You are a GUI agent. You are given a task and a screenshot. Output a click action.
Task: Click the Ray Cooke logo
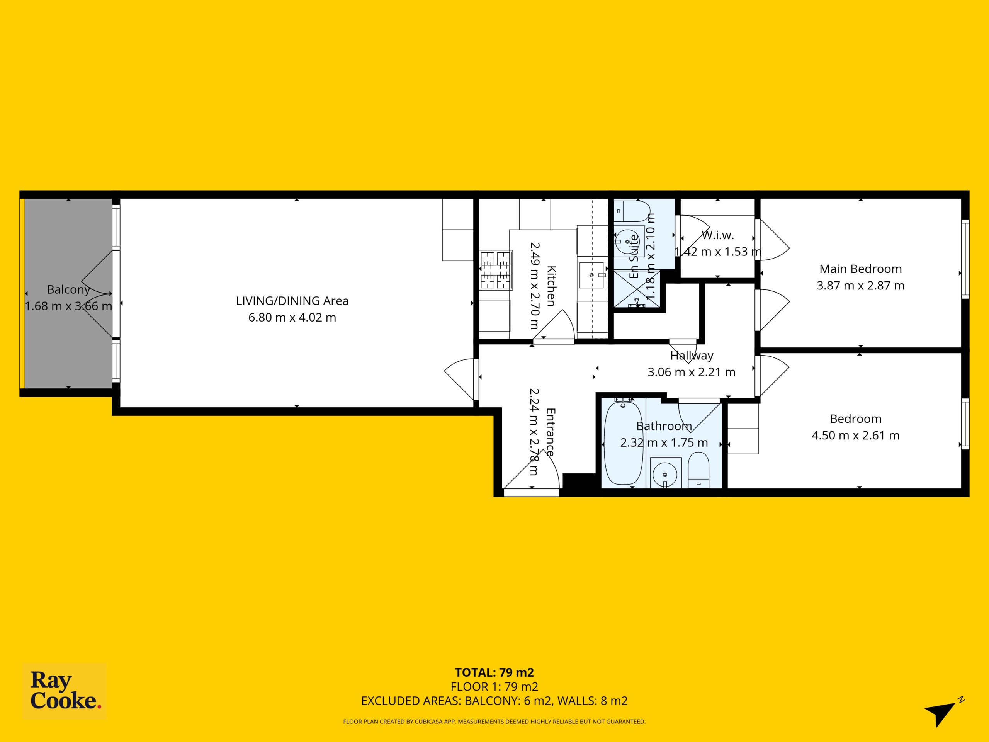65,691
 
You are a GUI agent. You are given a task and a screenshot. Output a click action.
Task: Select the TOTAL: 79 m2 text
494,672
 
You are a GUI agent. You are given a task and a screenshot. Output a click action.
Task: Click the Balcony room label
68,289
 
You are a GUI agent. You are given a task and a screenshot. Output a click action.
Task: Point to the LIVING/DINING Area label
292,301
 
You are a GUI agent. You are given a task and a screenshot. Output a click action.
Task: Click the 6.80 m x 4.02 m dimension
292,317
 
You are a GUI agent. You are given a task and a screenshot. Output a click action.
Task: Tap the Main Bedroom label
861,269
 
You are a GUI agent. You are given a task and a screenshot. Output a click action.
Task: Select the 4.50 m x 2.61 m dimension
856,435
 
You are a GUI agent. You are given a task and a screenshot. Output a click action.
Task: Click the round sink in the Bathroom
665,472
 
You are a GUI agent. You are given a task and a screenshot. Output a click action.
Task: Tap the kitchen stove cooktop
496,270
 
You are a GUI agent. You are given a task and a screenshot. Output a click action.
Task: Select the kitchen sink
593,275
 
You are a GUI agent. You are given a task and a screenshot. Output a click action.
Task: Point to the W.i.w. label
718,235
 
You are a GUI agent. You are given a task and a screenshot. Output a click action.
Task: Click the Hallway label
692,356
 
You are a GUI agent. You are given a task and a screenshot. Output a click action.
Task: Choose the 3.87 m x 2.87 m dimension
861,285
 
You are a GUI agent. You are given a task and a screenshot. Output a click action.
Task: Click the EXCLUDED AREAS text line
494,701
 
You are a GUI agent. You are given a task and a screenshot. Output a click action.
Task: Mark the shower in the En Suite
637,290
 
